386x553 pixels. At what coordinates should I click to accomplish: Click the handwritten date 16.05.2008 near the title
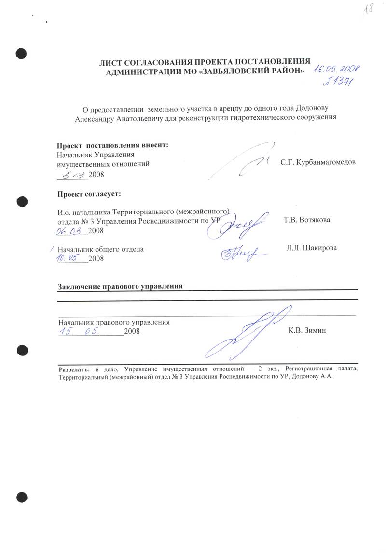tap(339, 70)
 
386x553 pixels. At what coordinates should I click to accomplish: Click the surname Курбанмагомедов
tap(325, 162)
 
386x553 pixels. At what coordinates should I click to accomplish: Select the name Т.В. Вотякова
tap(307, 220)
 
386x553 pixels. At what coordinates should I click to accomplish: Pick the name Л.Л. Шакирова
tap(311, 248)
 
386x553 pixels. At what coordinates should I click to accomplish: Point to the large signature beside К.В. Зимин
tap(246, 333)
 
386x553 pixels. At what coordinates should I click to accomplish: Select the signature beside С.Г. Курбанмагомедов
tap(251, 162)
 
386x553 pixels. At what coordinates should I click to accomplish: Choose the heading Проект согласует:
tap(89, 194)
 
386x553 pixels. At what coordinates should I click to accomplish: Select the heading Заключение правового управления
tap(120, 286)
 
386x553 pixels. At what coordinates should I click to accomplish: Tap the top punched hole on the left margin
tap(21, 53)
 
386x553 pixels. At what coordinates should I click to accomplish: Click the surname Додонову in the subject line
tap(317, 107)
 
